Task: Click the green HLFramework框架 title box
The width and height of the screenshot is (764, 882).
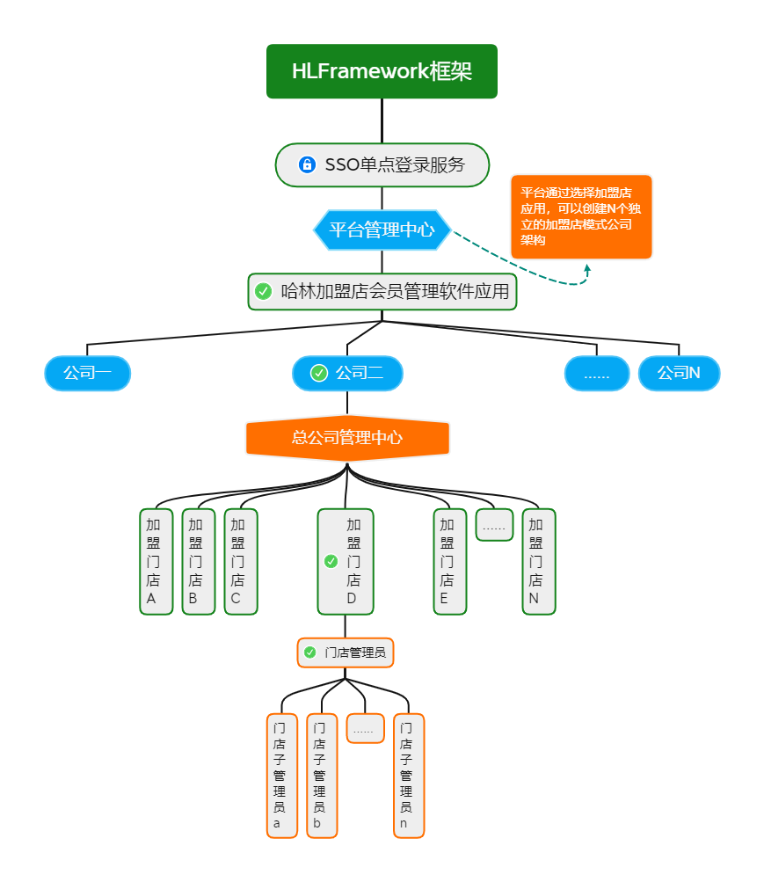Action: click(382, 71)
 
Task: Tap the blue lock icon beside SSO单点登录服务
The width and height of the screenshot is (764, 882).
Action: click(307, 164)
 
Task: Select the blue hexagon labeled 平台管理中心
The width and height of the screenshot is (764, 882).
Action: click(382, 230)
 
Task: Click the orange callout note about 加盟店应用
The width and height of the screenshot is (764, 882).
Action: click(581, 216)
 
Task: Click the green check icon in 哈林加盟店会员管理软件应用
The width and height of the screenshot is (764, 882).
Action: click(263, 291)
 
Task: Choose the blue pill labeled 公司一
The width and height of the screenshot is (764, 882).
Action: click(87, 373)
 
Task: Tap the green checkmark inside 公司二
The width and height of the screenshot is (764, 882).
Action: click(319, 373)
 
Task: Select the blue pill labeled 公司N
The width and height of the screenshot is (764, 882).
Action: click(679, 373)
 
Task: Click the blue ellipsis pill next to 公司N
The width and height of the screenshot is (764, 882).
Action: click(597, 373)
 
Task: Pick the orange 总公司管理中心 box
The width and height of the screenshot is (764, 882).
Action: click(347, 437)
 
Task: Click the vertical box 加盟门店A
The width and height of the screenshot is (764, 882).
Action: click(156, 561)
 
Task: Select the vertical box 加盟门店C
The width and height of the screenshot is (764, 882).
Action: click(240, 561)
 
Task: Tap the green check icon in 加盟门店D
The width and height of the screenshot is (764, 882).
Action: click(331, 561)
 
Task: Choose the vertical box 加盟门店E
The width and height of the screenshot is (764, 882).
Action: click(449, 561)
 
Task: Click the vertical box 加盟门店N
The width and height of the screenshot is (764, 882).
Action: click(538, 561)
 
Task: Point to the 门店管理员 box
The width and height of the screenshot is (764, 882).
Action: click(346, 652)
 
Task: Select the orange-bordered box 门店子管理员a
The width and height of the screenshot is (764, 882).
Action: click(281, 775)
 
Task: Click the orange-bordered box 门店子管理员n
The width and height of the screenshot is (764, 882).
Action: click(408, 775)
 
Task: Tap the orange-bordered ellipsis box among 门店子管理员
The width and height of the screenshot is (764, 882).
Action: click(365, 728)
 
